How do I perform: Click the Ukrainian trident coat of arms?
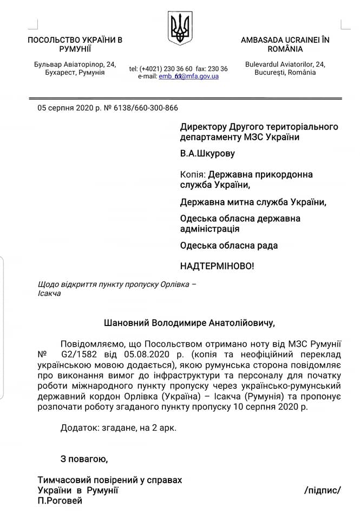[180, 28]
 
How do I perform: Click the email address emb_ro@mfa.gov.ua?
[189, 76]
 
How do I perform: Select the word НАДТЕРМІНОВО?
[217, 266]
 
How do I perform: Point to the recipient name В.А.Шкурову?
[208, 153]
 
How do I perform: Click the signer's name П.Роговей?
[60, 500]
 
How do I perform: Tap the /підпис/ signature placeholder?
[323, 490]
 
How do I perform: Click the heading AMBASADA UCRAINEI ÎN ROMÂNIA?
[285, 44]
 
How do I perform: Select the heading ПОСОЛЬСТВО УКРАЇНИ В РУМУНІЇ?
[75, 44]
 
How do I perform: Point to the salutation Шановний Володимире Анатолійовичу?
[189, 323]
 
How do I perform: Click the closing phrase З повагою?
[84, 459]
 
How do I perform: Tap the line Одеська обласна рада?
[229, 245]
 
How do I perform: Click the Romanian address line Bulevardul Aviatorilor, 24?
[285, 64]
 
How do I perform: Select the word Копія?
[193, 174]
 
